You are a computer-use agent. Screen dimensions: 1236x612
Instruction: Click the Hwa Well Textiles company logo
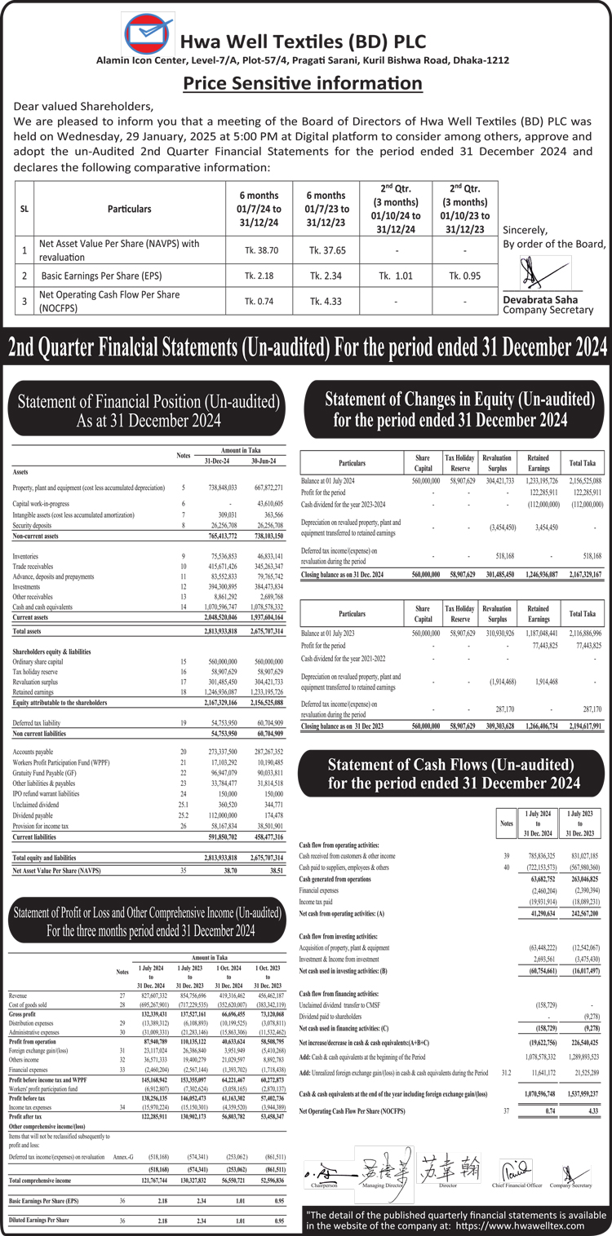coord(149,36)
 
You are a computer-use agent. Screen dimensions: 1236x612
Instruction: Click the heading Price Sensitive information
coord(303,83)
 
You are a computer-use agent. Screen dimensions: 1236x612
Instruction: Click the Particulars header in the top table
coord(129,209)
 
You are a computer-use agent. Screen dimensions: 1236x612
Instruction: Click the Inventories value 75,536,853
coord(218,555)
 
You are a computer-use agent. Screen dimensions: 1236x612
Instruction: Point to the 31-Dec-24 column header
coord(218,461)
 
